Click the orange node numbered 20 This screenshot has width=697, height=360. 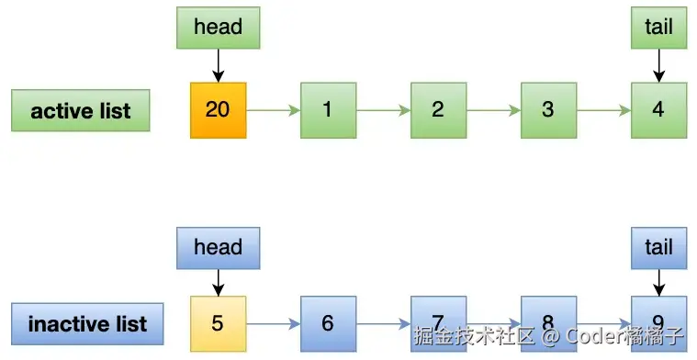click(218, 110)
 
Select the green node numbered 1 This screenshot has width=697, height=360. click(328, 110)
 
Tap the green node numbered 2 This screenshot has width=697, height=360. click(438, 110)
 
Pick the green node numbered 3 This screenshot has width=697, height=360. click(548, 110)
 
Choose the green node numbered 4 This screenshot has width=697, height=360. click(658, 110)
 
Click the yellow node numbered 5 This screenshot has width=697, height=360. click(218, 323)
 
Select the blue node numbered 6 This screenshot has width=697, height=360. click(328, 323)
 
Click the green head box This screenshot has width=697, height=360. click(218, 28)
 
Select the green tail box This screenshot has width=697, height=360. click(658, 28)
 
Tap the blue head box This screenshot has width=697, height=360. click(218, 247)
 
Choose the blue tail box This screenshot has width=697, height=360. click(658, 247)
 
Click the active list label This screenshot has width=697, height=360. click(81, 111)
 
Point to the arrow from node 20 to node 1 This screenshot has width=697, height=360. click(273, 111)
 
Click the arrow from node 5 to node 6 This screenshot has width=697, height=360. click(273, 324)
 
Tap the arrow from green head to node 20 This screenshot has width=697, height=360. click(218, 64)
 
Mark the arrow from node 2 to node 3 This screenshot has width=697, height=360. click(493, 111)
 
